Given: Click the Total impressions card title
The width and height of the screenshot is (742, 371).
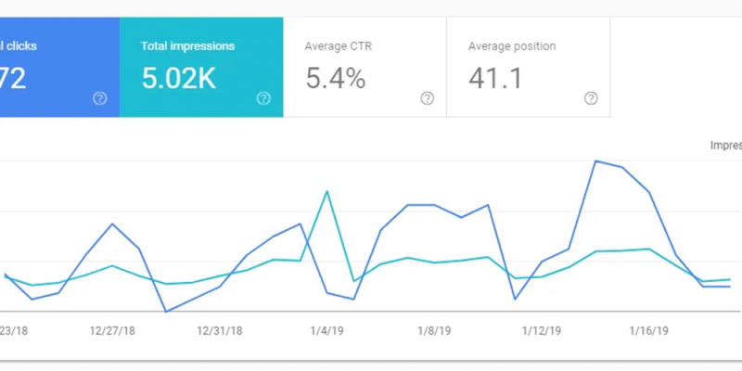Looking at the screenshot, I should (187, 45).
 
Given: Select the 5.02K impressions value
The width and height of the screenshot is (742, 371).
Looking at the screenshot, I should (178, 79).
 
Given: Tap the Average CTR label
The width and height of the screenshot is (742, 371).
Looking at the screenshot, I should (338, 45).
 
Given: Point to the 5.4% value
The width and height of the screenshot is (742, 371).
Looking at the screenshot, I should (335, 79).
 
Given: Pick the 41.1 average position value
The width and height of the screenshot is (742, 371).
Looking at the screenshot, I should (494, 79).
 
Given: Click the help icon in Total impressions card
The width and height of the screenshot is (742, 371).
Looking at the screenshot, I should (263, 98).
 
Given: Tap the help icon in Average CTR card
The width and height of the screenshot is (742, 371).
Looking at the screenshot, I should (427, 98).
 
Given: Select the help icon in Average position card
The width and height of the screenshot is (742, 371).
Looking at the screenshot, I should (590, 98).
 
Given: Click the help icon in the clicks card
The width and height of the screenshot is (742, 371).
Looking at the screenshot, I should (100, 98).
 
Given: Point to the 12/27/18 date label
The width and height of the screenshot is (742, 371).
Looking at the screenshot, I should (112, 330).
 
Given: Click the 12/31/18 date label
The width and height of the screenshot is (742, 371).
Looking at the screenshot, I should (220, 330).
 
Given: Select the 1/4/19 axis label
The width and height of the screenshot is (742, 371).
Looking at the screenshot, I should (326, 330).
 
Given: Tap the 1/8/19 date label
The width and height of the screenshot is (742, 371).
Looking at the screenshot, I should (434, 330).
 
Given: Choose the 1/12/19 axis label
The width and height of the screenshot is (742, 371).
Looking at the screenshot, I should (542, 330).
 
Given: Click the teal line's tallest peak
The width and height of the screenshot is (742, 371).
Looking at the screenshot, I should (327, 191).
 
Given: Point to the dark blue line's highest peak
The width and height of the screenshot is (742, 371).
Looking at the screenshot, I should (595, 161).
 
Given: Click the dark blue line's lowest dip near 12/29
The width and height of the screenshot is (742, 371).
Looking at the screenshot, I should (166, 312).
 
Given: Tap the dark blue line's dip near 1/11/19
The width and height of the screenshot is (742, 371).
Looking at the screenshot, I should (515, 299).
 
